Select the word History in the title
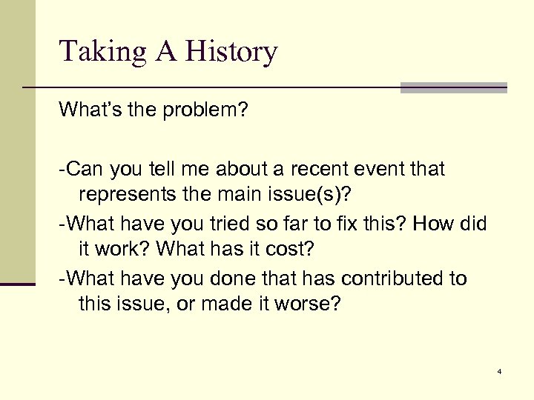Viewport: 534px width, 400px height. (x=231, y=52)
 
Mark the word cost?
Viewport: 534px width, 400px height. (x=288, y=248)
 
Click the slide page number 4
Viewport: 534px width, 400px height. (x=500, y=370)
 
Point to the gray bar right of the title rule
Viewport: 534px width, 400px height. (x=453, y=88)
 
